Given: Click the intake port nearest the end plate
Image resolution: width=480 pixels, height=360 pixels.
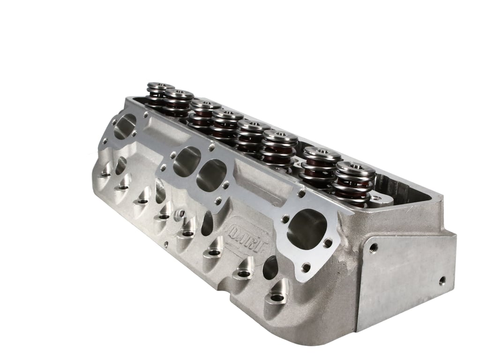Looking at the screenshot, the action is click(307, 230).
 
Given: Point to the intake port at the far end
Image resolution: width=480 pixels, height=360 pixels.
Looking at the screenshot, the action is click(125, 126).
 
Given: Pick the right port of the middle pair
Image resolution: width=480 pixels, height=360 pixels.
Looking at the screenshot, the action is click(211, 174).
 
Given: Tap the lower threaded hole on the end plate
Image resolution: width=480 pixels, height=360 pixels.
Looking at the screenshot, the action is click(442, 280).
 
